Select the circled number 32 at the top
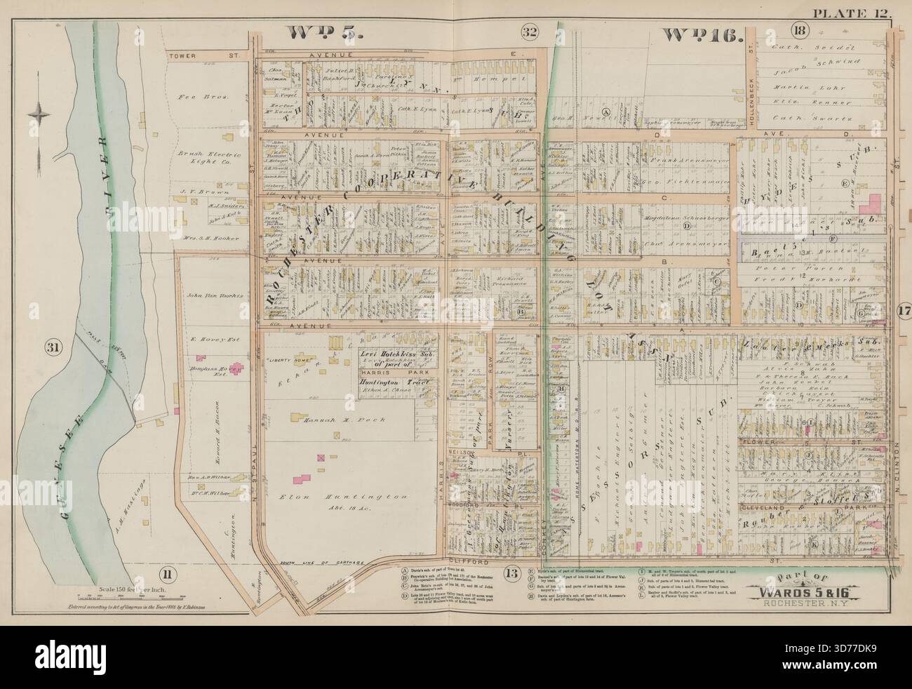click(x=530, y=31)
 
